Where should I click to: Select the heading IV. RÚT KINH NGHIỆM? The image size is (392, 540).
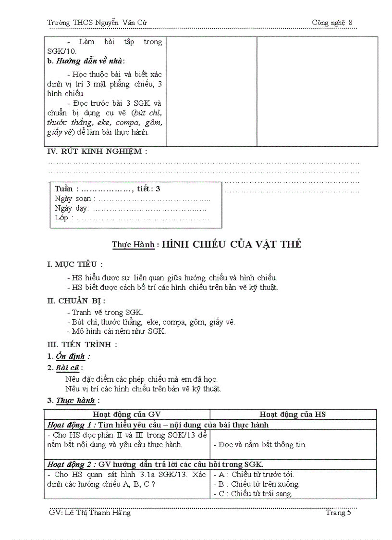coord(97,151)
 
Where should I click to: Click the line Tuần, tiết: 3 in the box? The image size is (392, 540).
coord(108,189)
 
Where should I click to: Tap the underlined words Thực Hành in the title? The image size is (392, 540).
coord(133,244)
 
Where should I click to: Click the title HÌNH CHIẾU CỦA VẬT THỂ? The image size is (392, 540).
coord(232,244)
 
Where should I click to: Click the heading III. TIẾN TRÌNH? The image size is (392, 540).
coord(82,345)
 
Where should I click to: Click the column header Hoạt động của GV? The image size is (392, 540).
coord(127,414)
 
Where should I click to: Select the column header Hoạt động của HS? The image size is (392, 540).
coord(293,414)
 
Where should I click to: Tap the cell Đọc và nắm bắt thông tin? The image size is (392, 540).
coord(260,445)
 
